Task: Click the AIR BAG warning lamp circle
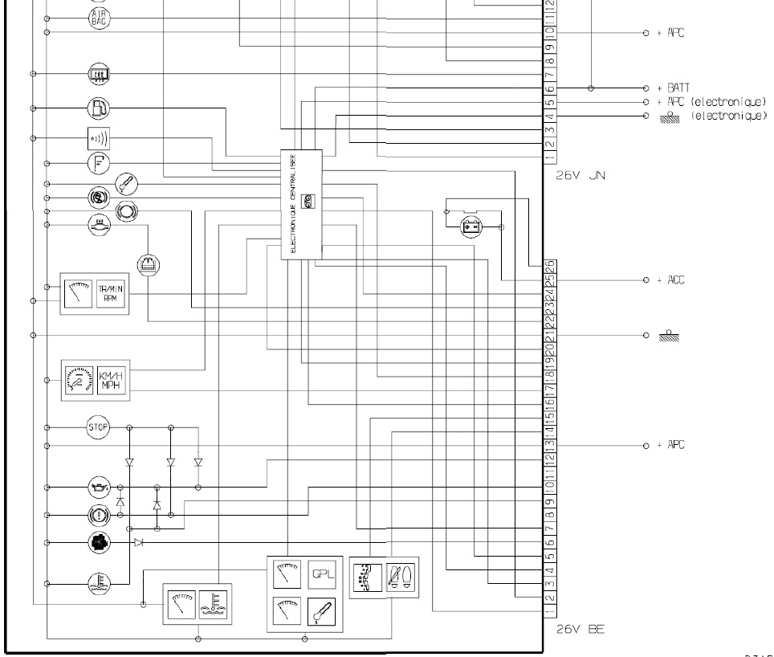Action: [96, 17]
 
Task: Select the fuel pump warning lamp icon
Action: [97, 107]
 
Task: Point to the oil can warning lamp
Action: [97, 487]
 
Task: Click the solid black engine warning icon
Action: [97, 543]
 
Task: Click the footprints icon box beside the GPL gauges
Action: [400, 577]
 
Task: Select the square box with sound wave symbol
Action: [97, 139]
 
